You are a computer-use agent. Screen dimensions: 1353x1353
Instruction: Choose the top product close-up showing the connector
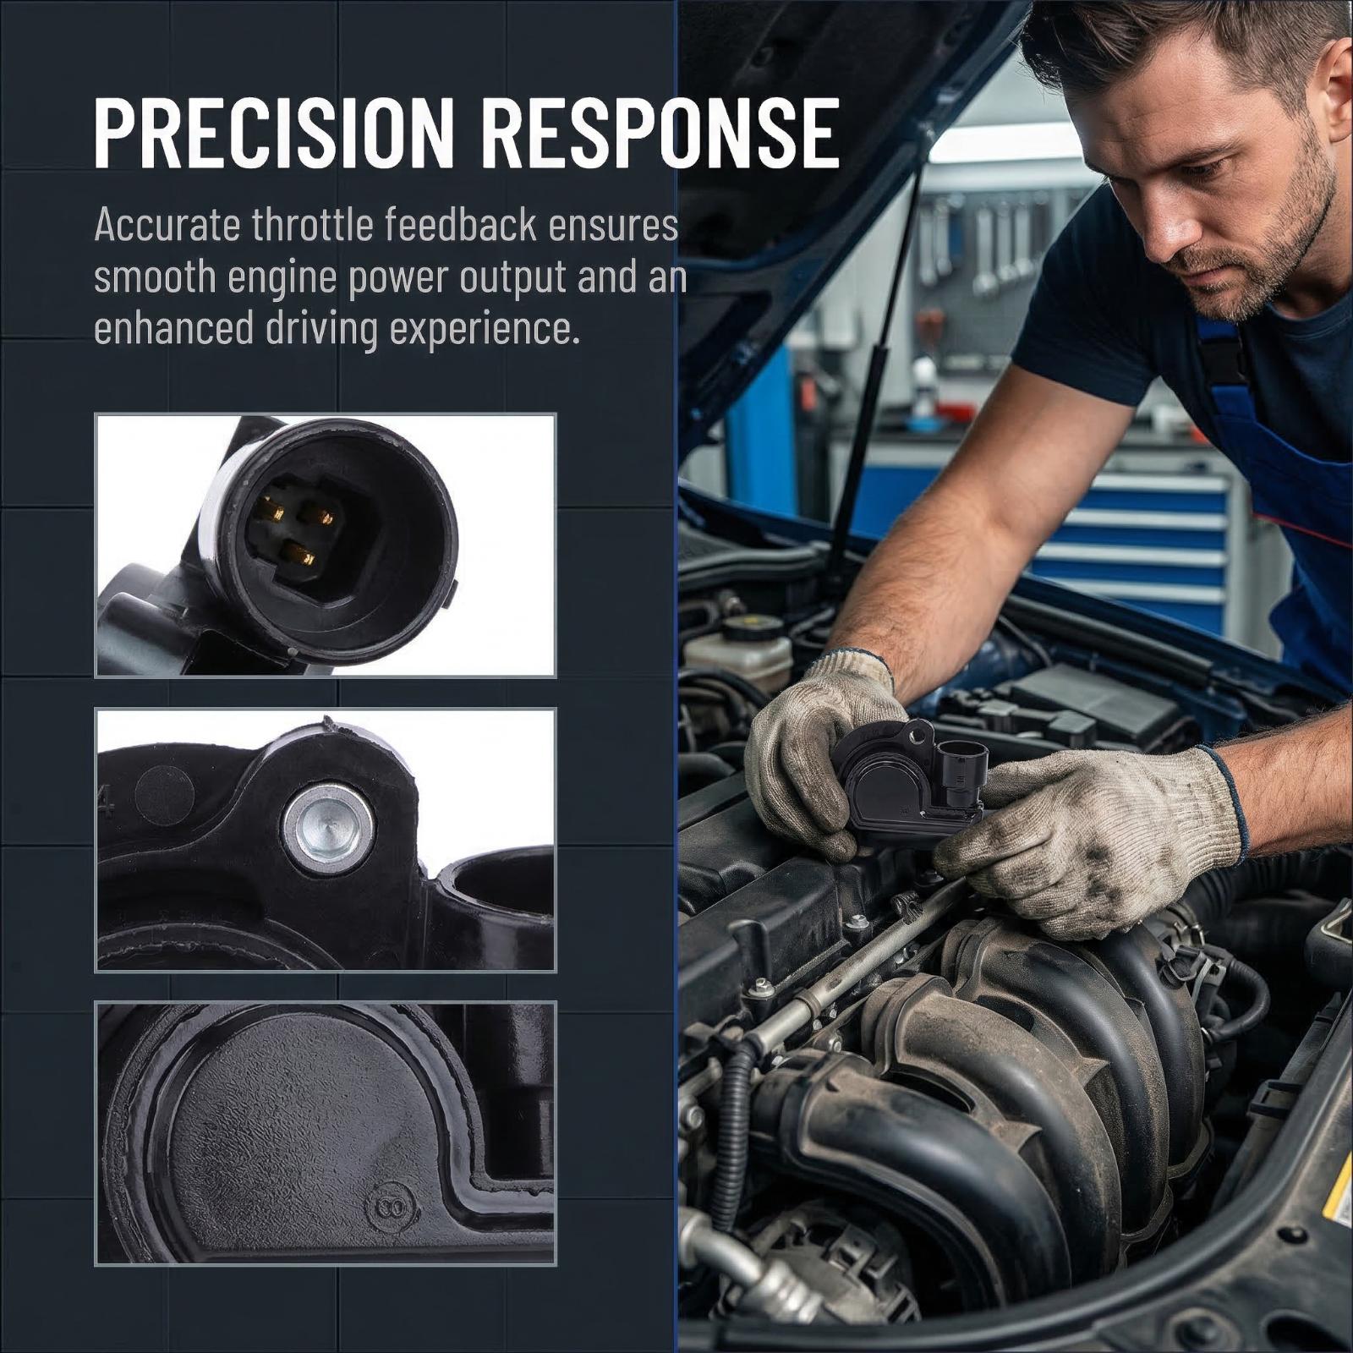(x=326, y=545)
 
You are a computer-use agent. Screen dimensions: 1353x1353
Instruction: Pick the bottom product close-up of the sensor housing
(x=326, y=1133)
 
